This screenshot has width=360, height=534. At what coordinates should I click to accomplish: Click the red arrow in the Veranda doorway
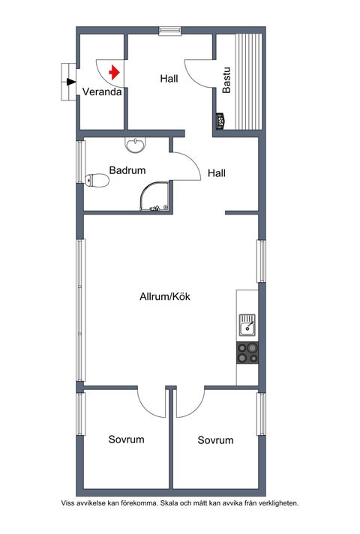click(115, 73)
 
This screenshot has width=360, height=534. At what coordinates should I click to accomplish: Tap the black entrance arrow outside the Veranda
click(71, 82)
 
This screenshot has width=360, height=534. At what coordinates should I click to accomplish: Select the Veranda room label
click(102, 91)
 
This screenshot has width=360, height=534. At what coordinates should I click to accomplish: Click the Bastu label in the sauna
click(226, 80)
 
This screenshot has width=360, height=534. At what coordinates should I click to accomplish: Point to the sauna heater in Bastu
click(220, 121)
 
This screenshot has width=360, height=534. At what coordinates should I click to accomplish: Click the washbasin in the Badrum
click(136, 145)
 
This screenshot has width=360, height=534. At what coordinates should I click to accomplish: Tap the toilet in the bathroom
click(97, 180)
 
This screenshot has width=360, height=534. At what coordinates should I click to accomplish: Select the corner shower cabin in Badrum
click(154, 196)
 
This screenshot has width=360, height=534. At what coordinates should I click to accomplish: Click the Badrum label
click(127, 170)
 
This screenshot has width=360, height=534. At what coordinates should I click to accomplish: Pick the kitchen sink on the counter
click(247, 325)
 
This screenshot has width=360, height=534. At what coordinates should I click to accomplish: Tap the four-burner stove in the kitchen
click(247, 352)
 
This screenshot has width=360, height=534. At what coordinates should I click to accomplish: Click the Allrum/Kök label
click(165, 296)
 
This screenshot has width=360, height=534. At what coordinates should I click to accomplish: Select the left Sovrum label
click(126, 439)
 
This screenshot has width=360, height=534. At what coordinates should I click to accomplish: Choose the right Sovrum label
click(215, 440)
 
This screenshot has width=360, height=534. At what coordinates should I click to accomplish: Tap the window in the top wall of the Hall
click(169, 31)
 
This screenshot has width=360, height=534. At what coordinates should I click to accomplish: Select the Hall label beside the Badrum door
click(217, 173)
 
